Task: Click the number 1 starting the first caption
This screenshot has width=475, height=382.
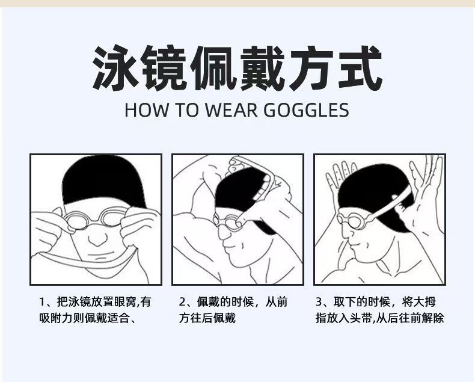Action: tap(42, 301)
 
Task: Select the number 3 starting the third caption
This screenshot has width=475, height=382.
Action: tap(319, 301)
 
